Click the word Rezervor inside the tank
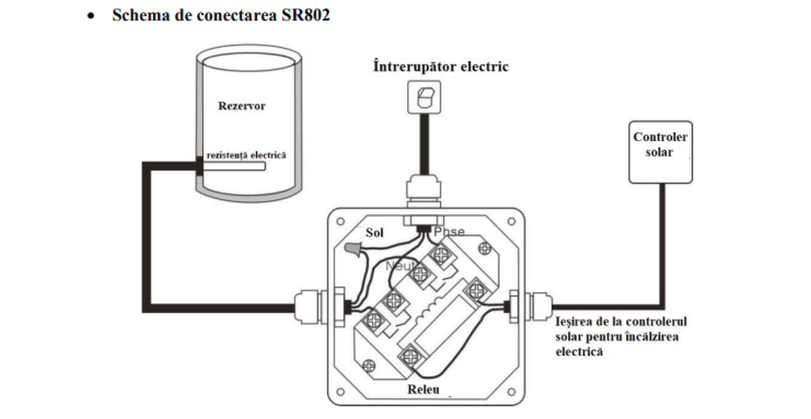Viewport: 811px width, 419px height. pos(241,106)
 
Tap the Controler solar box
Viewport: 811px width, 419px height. pos(660,151)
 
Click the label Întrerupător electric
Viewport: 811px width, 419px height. pos(441,67)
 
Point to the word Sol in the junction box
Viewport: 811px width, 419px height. pos(374,233)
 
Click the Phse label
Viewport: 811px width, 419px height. pos(449,232)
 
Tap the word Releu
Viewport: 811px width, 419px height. pos(423,390)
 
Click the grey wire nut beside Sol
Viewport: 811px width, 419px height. pos(352,250)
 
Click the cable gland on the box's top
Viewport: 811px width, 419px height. pos(423,189)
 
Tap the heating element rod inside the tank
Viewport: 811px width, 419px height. pos(233,167)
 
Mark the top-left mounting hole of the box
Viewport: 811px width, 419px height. pos(341,221)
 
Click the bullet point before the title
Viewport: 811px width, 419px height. pos(90,16)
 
